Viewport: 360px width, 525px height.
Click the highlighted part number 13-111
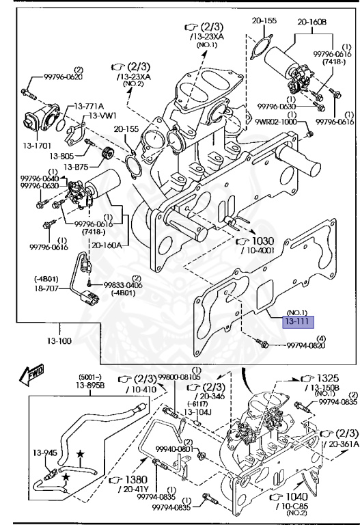pos(299,322)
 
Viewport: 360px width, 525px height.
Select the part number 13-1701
pos(37,146)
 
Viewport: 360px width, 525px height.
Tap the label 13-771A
pos(89,107)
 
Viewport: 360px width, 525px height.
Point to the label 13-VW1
pos(102,116)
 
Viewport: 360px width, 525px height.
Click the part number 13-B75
pos(77,166)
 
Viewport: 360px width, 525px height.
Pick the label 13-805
pos(61,156)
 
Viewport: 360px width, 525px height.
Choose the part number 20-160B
pos(312,22)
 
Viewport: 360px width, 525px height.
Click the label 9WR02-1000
pos(276,122)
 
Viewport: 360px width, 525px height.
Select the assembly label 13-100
pos(59,341)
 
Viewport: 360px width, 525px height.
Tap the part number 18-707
pos(46,288)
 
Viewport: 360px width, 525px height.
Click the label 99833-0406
pos(123,285)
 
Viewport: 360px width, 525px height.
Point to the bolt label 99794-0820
pos(306,345)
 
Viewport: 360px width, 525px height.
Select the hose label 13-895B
pos(90,386)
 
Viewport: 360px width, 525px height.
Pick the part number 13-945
pos(45,453)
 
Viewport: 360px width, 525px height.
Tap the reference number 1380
pos(136,480)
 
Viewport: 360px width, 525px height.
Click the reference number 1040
pos(296,496)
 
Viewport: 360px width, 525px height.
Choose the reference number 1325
pos(328,378)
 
